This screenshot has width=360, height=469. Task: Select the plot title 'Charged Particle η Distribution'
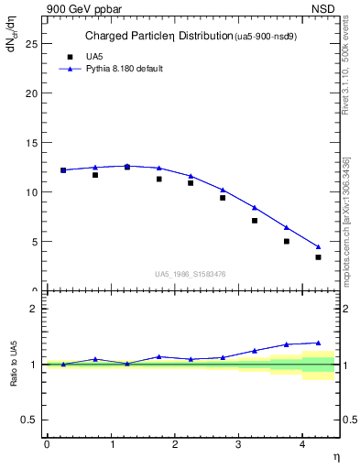coord(170,37)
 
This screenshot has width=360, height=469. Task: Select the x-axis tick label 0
coord(47,444)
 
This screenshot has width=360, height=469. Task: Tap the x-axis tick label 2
coord(175,444)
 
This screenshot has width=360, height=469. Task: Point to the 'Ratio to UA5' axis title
coord(14,365)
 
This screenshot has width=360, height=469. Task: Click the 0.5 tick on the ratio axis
coord(30,420)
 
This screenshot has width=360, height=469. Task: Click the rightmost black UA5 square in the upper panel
coord(318,257)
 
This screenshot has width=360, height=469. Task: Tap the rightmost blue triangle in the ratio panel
coord(318,343)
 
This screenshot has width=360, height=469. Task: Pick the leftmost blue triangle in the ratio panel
coord(63,364)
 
